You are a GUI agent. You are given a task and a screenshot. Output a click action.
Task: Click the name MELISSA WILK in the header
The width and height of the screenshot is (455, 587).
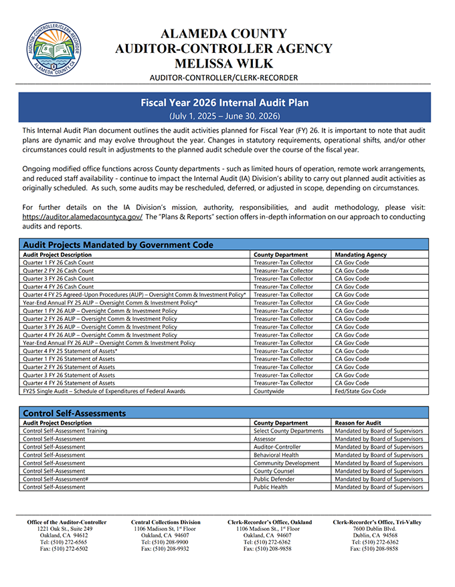223,64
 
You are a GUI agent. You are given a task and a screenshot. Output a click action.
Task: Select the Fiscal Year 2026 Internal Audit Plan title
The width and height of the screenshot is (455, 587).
224,103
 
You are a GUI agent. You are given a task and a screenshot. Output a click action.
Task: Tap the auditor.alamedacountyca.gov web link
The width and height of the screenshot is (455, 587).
82,217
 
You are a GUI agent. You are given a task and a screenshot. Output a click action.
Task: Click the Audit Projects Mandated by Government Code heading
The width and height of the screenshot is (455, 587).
118,245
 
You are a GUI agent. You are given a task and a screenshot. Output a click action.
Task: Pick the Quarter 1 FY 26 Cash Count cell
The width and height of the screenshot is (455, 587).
58,263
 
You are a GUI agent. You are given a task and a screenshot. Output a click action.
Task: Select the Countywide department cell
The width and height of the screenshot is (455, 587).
268,391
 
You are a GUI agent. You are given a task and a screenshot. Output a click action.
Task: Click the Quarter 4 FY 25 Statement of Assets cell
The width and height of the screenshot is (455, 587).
70,351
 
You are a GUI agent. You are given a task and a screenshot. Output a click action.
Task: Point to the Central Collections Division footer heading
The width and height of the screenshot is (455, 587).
165,522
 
